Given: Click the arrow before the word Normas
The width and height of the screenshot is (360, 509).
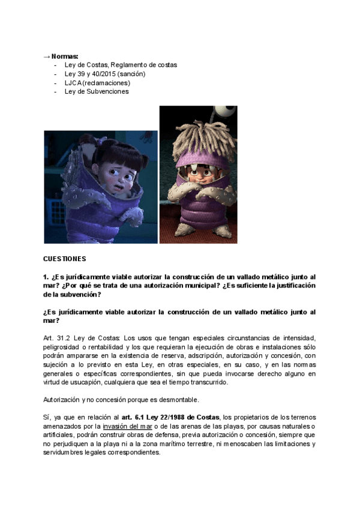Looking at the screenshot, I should [47, 56].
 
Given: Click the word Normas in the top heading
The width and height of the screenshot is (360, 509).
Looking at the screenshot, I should [65, 56].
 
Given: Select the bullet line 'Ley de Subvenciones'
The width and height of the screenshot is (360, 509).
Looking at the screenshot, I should [97, 92].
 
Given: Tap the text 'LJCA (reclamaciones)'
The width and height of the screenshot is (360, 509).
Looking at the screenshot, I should [97, 83].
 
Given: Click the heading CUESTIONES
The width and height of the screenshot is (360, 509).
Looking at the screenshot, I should [65, 259].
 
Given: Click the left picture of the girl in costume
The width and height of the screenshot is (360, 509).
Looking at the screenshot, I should [100, 187].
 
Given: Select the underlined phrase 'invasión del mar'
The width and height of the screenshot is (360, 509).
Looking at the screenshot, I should [127, 426].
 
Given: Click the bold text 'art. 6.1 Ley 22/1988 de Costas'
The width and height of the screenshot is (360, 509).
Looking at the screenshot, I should [171, 417].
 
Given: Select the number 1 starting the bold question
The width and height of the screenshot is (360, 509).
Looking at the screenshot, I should [46, 277].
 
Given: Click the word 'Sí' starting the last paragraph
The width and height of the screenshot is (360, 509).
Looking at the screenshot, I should [46, 417].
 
